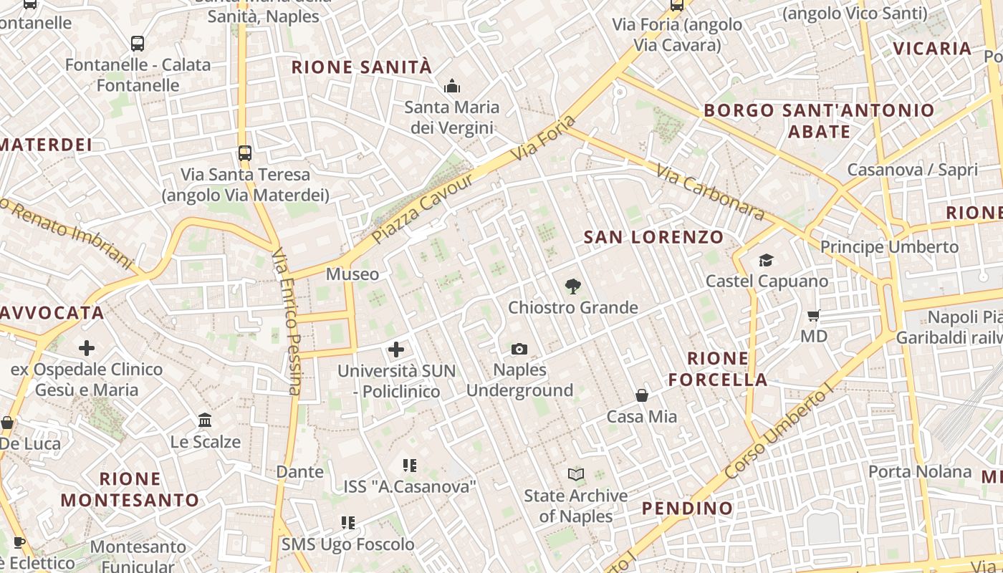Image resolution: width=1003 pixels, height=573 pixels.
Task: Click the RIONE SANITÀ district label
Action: point(362,67)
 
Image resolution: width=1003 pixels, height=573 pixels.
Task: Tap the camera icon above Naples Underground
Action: point(519,349)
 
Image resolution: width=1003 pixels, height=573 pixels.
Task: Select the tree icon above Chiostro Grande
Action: point(572,286)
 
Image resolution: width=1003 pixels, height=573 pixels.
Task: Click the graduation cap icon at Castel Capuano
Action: point(767,260)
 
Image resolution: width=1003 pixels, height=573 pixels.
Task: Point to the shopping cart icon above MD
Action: point(814,315)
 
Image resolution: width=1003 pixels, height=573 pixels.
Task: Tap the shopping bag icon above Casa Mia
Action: point(642,395)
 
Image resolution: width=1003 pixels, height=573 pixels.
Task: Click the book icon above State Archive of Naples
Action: point(576,474)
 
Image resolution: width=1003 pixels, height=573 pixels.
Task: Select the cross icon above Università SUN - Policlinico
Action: point(396,350)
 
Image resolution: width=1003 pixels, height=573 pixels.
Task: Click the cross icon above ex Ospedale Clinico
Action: point(87,349)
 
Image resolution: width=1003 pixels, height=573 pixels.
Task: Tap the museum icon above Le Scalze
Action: point(205,420)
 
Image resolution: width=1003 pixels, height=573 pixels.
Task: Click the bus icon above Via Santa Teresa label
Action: point(245,153)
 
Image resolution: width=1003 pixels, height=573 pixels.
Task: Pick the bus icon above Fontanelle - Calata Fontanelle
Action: point(138,44)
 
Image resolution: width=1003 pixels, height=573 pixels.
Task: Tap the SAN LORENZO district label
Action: point(653,237)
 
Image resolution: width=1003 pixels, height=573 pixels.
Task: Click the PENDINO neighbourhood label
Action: point(687,509)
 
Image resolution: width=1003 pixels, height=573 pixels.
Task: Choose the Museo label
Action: point(352,274)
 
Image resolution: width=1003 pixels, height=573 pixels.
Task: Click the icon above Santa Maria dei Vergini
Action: point(452,87)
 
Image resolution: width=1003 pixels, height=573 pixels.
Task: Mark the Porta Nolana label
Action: point(920,472)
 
